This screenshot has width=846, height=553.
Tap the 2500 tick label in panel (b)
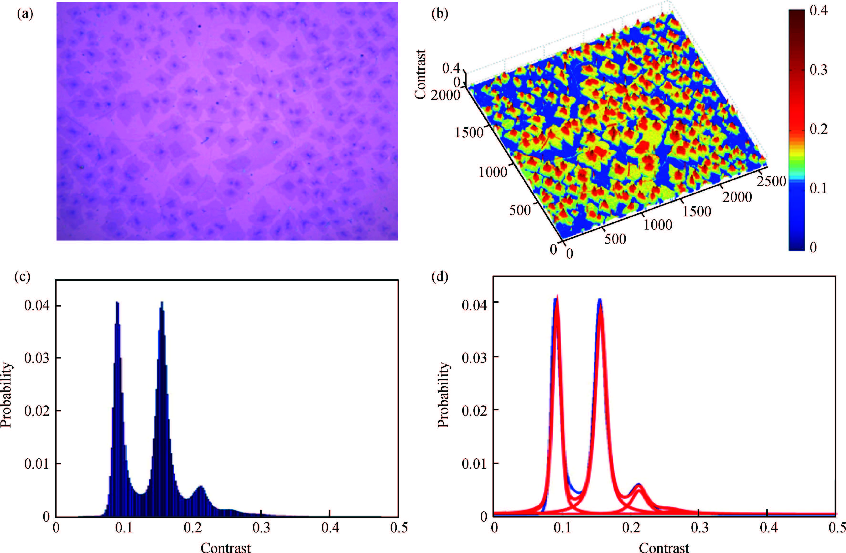coord(771,181)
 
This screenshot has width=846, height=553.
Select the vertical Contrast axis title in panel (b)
coord(420,75)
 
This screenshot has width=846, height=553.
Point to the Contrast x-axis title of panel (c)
coord(226,547)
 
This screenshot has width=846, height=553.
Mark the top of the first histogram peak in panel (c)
coord(117,302)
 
